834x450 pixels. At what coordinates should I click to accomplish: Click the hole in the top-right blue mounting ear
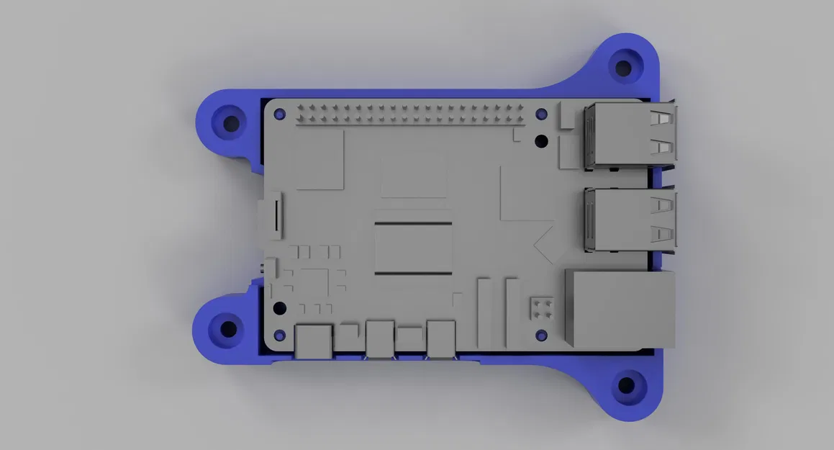[623, 68]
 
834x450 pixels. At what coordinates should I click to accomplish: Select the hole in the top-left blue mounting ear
[231, 124]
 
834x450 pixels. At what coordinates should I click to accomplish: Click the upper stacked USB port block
[630, 135]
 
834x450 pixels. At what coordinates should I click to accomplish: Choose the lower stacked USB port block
[630, 220]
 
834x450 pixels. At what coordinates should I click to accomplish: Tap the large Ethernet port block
[620, 309]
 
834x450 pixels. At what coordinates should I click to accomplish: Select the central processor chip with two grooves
[413, 248]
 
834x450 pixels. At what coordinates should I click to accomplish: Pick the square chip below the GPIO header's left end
[319, 161]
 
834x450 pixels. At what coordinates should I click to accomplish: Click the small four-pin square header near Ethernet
[541, 308]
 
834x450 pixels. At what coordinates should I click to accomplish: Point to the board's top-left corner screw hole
[280, 114]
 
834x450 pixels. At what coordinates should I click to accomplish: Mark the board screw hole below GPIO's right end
[542, 140]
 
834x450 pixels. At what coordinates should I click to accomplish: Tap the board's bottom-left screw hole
[280, 308]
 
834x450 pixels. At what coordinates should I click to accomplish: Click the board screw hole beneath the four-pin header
[541, 335]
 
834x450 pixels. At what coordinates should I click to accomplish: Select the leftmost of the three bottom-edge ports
[314, 339]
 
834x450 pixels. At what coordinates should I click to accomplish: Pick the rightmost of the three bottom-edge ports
[440, 338]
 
